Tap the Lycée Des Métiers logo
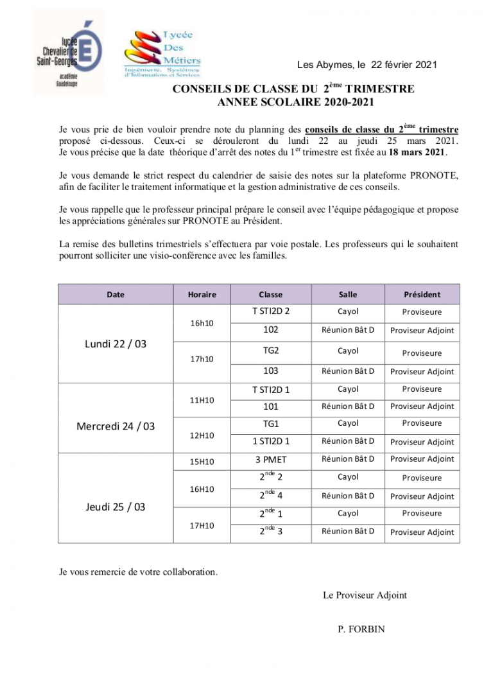click(163, 54)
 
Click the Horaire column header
click(202, 295)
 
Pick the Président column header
click(422, 295)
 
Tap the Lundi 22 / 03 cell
click(116, 344)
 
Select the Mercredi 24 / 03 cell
click(116, 426)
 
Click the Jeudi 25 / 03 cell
click(116, 507)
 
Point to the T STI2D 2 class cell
click(270, 311)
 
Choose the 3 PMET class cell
click(270, 459)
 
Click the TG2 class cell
click(270, 351)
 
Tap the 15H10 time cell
click(202, 462)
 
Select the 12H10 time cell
click(202, 435)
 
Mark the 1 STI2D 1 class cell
click(270, 441)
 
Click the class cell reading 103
click(270, 371)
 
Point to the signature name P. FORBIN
click(361, 629)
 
